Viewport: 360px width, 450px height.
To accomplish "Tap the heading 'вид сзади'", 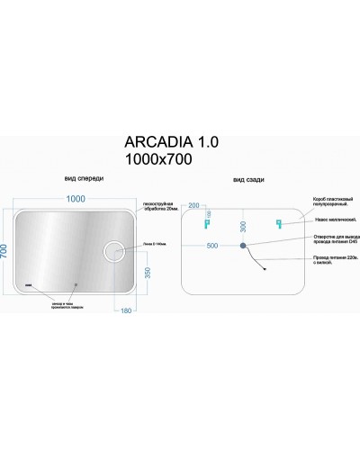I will pos(247,180).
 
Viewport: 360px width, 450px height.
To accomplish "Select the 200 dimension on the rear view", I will pos(194,206).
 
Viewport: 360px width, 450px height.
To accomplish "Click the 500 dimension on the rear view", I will pos(212,244).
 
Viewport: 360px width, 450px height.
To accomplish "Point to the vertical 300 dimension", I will pos(242,226).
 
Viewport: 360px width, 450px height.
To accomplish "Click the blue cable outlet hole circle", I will pos(242,244).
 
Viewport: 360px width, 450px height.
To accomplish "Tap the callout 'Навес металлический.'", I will pos(334,220).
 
